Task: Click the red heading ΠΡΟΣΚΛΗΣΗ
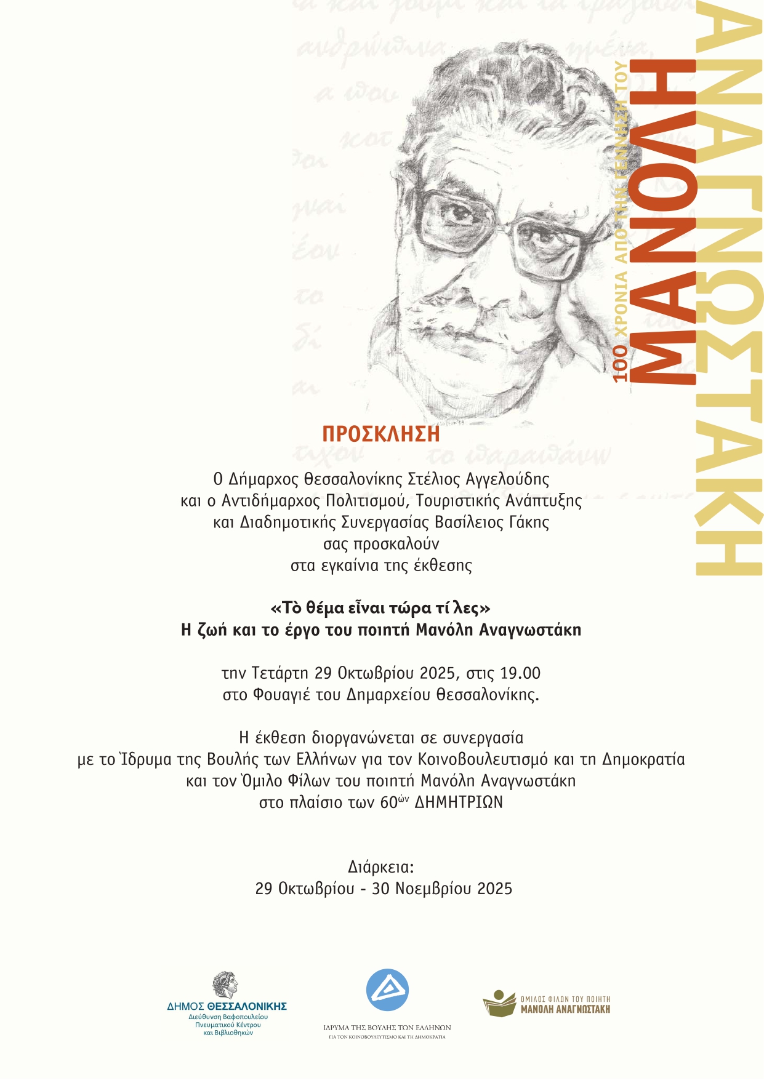click(x=381, y=434)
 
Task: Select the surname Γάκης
click(x=528, y=522)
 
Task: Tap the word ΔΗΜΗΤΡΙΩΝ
click(x=459, y=802)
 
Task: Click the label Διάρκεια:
click(x=381, y=867)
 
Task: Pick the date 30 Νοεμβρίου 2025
click(x=442, y=889)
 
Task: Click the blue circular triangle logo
click(x=387, y=990)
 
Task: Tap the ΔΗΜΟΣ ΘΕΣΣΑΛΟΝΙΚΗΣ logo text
click(x=227, y=1007)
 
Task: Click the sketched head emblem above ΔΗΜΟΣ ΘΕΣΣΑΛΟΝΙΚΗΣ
click(x=226, y=985)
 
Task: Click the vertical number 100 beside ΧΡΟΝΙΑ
click(x=621, y=363)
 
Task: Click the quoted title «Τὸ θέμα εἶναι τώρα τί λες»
click(x=381, y=608)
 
